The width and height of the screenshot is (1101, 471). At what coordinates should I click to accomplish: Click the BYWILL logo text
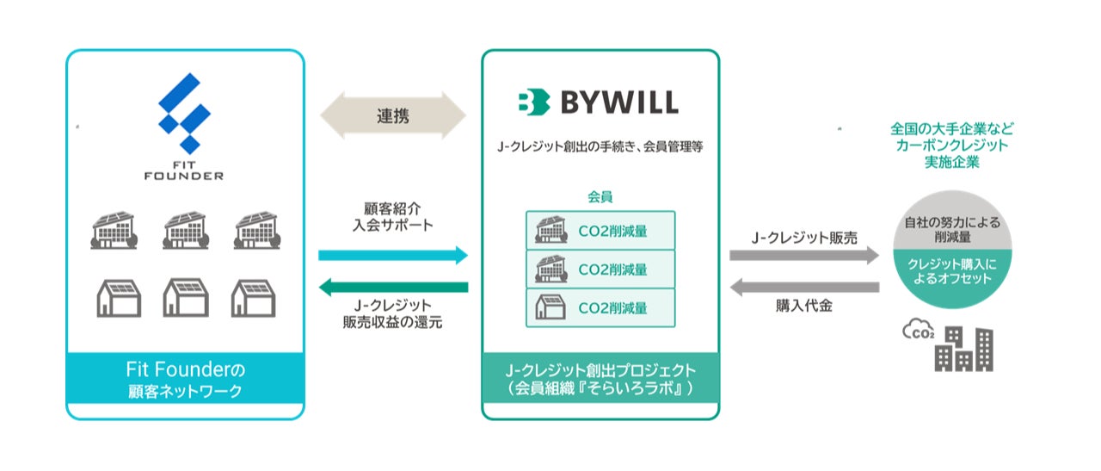598,102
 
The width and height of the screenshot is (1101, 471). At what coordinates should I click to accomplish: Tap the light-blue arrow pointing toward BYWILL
392,255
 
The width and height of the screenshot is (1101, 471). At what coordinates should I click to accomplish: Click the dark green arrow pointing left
392,287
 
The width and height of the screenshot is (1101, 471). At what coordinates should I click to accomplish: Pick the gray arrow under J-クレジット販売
804,255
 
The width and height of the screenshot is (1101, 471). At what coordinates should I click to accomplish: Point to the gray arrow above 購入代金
804,287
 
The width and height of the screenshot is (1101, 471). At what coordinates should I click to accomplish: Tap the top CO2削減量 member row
600,230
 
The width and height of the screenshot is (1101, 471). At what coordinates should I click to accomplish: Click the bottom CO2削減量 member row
600,307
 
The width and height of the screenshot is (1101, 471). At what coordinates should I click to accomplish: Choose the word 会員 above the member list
600,197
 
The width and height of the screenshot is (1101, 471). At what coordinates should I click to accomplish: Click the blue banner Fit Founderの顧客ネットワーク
185,380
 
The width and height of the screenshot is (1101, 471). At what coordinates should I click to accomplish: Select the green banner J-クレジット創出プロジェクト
600,380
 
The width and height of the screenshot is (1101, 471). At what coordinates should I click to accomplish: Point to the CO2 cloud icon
919,329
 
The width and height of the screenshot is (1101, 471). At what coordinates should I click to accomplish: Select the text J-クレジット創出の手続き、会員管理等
600,146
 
